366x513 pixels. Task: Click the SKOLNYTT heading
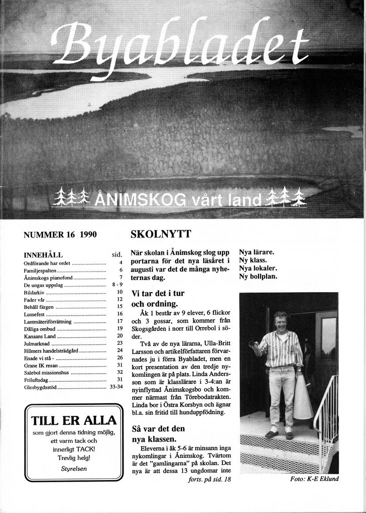click(161, 234)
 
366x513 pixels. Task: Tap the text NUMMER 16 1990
click(60, 234)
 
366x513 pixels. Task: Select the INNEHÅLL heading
click(43, 254)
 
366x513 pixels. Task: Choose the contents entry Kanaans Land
click(40, 336)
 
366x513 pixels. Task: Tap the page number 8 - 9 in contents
click(116, 284)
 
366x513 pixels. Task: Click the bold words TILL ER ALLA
click(73, 420)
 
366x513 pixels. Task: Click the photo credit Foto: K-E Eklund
click(314, 479)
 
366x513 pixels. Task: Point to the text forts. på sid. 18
click(209, 479)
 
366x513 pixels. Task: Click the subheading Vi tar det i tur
click(158, 294)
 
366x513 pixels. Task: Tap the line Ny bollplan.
click(258, 276)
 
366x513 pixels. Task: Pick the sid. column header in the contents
click(117, 254)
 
